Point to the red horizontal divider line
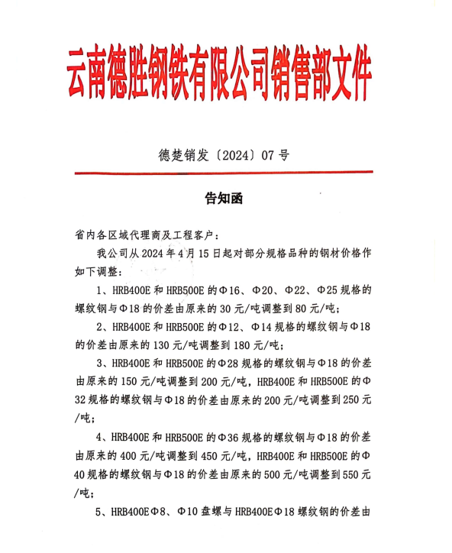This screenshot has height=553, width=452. [x=224, y=173]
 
